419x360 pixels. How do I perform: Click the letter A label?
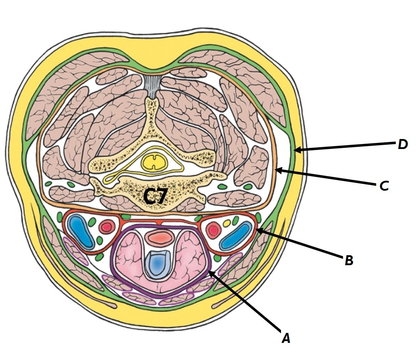point(286,338)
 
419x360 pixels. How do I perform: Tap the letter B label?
point(349,261)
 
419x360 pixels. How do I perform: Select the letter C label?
point(384,186)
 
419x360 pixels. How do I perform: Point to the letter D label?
point(403,144)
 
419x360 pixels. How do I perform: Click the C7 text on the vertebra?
point(155,197)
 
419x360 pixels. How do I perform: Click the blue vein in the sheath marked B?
point(235,236)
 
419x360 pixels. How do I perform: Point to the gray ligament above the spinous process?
point(154,86)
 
